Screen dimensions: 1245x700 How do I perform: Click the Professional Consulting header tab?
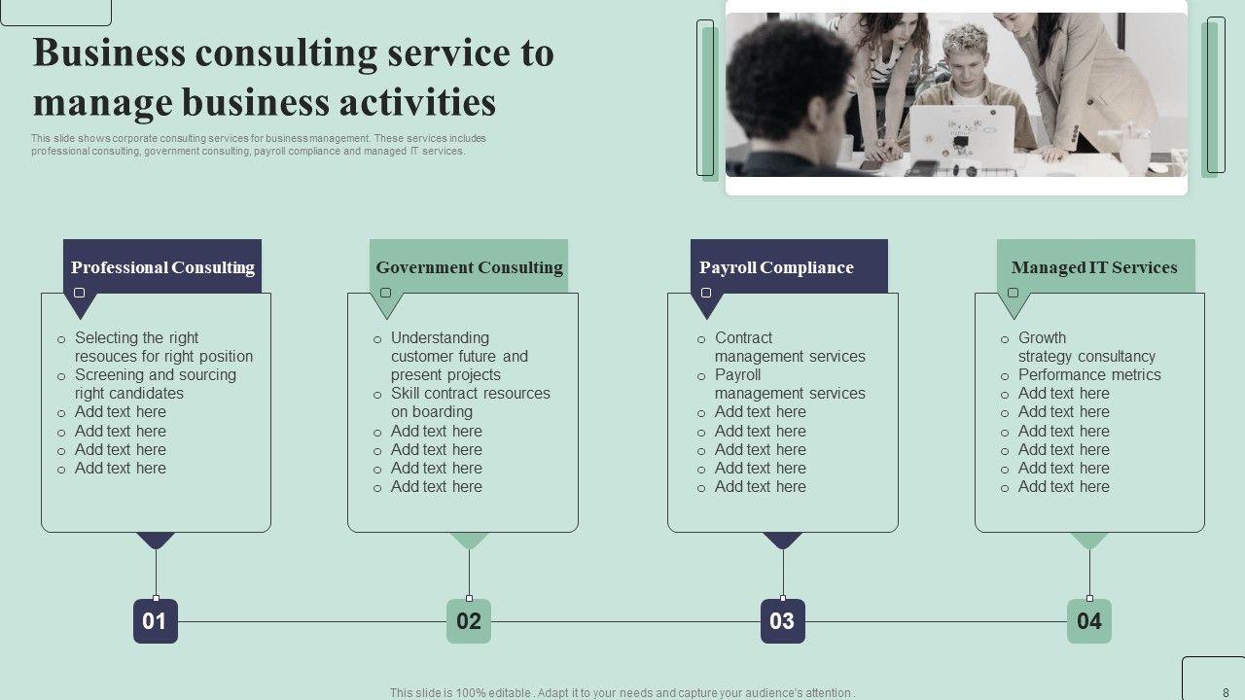pos(162,267)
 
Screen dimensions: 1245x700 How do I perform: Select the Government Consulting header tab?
pos(469,267)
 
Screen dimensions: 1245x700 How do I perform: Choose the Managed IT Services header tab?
pos(1095,267)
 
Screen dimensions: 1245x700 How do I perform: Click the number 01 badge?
pos(156,621)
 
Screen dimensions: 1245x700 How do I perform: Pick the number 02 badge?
pos(469,621)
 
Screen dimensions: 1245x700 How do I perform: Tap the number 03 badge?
pos(783,621)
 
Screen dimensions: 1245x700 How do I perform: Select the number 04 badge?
pos(1089,621)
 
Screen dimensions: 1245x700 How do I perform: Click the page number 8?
pos(1226,692)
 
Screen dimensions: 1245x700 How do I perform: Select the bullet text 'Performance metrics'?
pos(1089,375)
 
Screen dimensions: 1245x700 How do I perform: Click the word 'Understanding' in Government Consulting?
pos(440,338)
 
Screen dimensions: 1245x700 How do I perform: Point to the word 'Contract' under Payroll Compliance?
pos(743,338)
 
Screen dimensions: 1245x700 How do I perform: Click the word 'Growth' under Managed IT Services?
pos(1042,338)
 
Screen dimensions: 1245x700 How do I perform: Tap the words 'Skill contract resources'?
pos(471,394)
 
